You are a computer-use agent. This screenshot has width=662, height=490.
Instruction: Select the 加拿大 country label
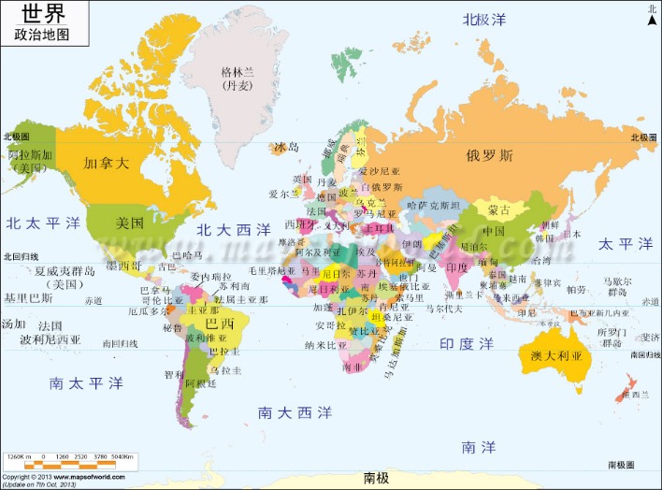[x=106, y=162]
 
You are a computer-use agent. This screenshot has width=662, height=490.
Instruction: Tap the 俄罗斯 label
[x=490, y=156]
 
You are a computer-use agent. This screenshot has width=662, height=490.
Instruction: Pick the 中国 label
[x=494, y=231]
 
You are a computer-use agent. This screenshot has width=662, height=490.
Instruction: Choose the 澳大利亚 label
[x=555, y=356]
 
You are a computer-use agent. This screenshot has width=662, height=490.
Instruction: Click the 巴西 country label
[x=220, y=324]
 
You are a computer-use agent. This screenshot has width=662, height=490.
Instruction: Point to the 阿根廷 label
[x=201, y=383]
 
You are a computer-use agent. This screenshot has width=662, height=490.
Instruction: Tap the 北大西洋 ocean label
[x=234, y=228]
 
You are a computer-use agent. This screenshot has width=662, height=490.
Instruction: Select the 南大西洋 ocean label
[x=295, y=411]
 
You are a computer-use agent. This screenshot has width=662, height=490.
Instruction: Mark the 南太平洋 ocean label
[x=87, y=383]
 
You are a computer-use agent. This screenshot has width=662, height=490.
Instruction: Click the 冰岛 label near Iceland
[x=286, y=148]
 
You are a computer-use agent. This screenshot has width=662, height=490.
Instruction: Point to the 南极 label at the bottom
[x=376, y=478]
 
